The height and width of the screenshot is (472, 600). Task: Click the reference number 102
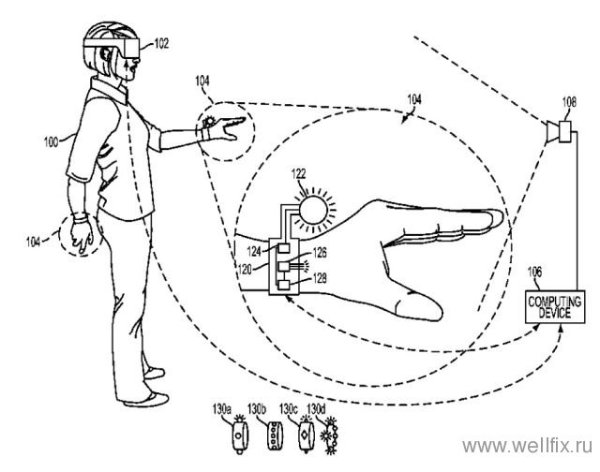[161, 44]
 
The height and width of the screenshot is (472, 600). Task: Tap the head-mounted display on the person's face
[112, 48]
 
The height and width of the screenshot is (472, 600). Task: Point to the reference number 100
[51, 142]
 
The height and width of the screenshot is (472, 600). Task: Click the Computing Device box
[555, 307]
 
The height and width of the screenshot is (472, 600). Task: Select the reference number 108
[569, 102]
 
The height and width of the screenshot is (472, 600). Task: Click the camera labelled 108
[560, 132]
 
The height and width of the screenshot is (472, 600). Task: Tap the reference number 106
[534, 273]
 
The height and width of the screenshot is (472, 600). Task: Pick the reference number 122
[298, 173]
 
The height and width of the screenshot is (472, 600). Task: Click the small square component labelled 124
[283, 247]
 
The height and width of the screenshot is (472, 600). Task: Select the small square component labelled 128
[283, 285]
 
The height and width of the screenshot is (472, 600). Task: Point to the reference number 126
[320, 253]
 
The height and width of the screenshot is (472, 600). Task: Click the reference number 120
[246, 269]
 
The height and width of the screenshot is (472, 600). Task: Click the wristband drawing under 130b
[275, 435]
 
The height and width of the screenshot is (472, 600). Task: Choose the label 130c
[289, 409]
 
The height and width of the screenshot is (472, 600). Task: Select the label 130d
[316, 409]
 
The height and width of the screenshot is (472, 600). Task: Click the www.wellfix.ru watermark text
[527, 446]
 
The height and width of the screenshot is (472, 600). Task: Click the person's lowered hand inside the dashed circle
[82, 235]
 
